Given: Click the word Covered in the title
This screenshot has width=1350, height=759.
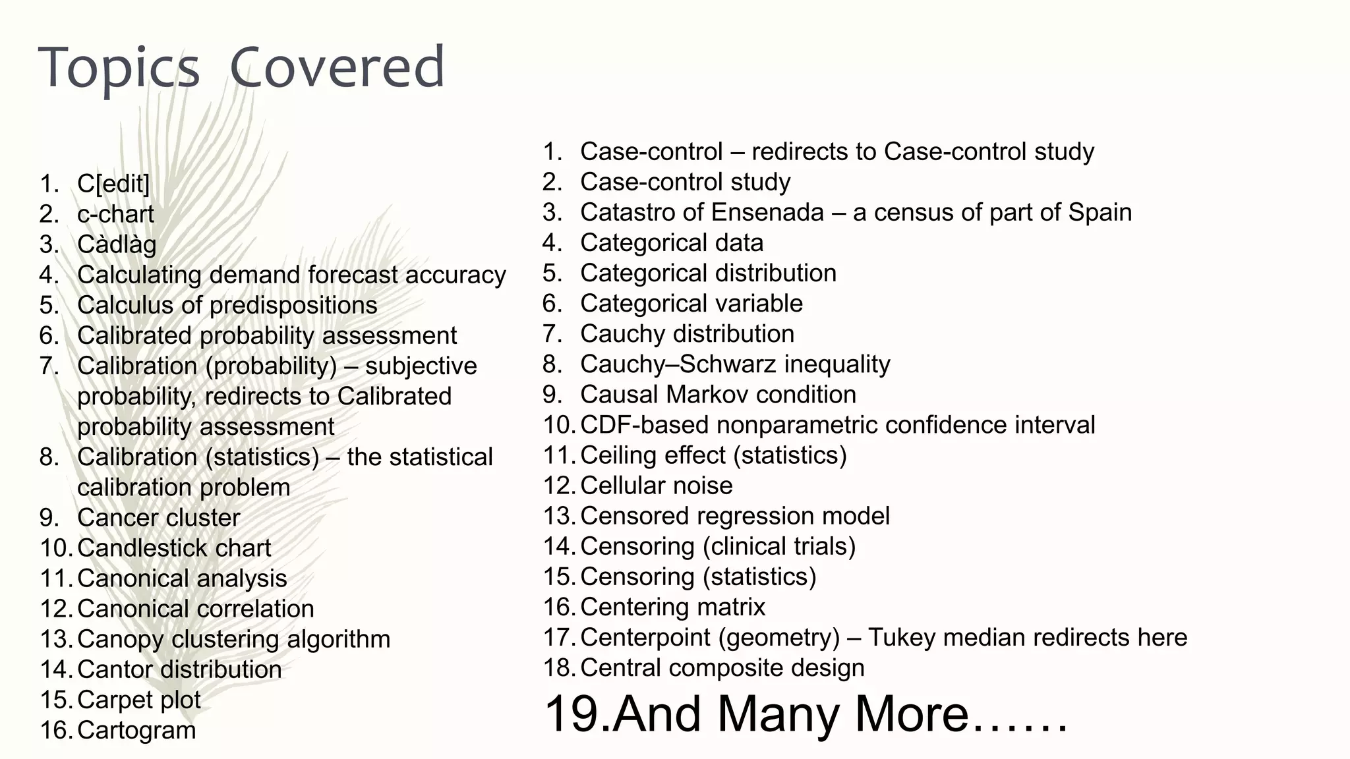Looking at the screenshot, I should (x=337, y=67).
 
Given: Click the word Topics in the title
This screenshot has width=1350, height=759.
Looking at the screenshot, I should (x=119, y=67).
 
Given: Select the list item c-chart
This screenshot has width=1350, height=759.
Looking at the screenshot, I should (x=115, y=214).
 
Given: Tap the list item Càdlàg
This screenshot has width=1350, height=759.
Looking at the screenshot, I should (x=117, y=244).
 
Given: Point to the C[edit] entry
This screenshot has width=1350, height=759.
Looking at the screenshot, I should (x=113, y=184).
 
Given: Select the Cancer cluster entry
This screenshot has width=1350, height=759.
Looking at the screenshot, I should (x=158, y=518).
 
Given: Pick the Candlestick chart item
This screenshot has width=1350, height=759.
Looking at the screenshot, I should (x=174, y=548).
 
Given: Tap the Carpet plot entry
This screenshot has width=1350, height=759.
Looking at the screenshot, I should (x=138, y=700).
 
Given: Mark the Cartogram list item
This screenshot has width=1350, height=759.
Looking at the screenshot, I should (x=136, y=730).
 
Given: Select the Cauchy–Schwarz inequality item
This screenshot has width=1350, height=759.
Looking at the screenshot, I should (x=735, y=364).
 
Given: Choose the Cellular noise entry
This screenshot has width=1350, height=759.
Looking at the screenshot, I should (x=656, y=486).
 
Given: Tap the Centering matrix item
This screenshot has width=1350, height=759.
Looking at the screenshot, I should (x=672, y=607).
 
